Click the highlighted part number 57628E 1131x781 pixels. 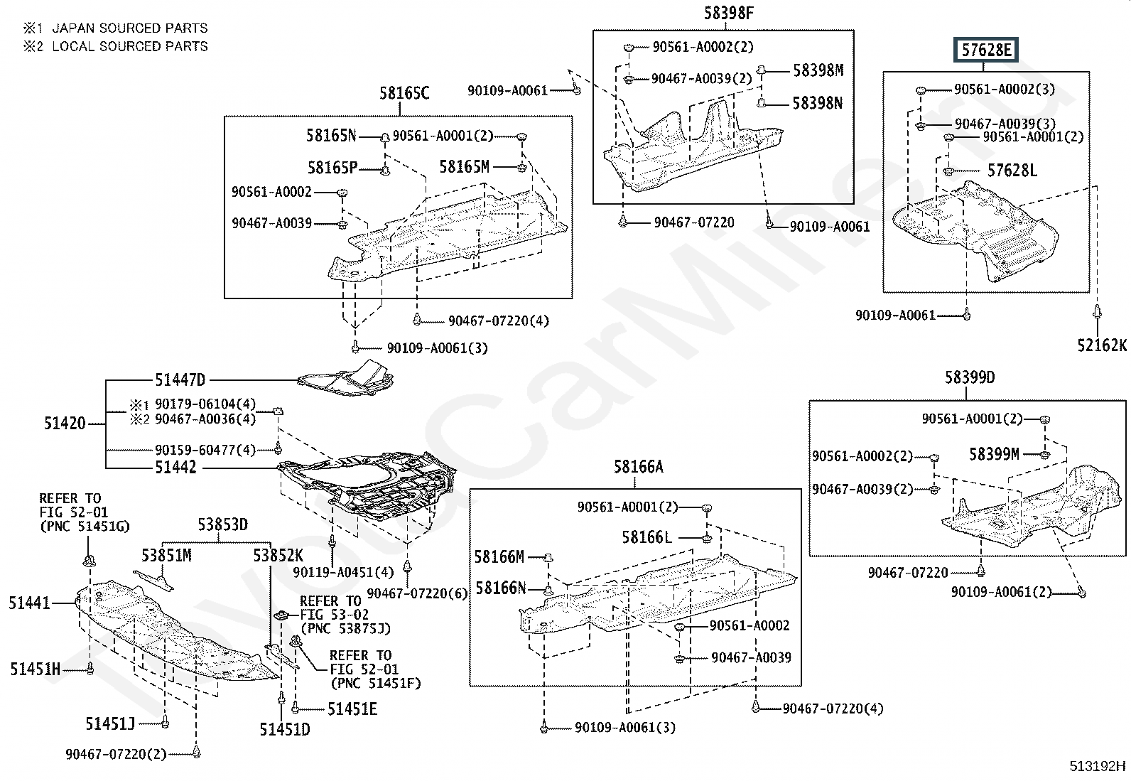click(x=985, y=50)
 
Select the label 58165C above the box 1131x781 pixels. click(x=404, y=93)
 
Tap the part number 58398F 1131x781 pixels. click(x=729, y=13)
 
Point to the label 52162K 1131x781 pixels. click(x=1102, y=345)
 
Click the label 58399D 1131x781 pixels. click(x=970, y=377)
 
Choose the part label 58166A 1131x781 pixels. click(x=638, y=467)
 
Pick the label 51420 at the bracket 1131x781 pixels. click(x=65, y=424)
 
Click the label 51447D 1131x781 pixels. click(x=180, y=380)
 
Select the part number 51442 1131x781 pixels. click(x=175, y=468)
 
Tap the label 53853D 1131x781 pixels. click(x=222, y=525)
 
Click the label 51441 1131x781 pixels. click(x=29, y=603)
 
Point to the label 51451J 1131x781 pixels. click(x=111, y=724)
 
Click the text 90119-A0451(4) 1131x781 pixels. click(x=343, y=572)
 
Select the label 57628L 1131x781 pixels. click(x=1012, y=171)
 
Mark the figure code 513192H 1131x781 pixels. click(x=1098, y=766)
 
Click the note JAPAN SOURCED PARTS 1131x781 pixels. click(x=130, y=28)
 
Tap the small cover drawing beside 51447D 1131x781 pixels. click(x=345, y=378)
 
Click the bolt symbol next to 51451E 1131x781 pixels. click(x=296, y=709)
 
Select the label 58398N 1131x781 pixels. click(x=818, y=104)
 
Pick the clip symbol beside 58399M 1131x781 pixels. click(x=1044, y=455)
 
